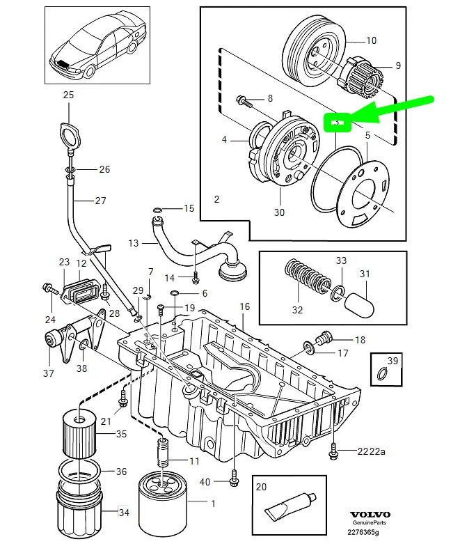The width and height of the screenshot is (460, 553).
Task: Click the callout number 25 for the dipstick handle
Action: click(68, 95)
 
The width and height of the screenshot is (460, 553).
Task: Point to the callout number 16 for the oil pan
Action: click(245, 306)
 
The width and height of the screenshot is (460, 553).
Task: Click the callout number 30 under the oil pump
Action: click(279, 213)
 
